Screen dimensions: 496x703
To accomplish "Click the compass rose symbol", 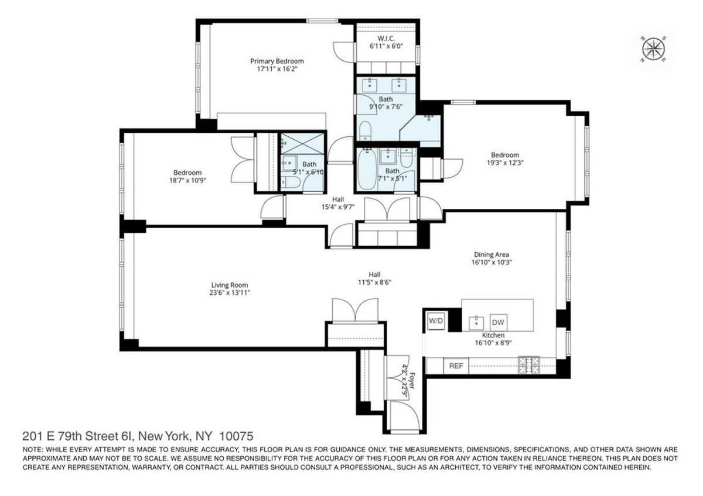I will tap(654, 49).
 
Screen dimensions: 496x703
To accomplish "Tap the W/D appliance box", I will tap(435, 321).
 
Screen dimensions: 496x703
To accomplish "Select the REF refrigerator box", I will tap(456, 366).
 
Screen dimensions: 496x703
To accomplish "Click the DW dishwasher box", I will tap(498, 322).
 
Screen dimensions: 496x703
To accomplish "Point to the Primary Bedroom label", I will tap(277, 61).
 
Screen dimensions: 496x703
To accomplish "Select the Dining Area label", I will tap(496, 254).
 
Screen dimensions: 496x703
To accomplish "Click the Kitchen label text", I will tap(493, 335).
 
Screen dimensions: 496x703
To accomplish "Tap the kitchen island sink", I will tap(476, 322).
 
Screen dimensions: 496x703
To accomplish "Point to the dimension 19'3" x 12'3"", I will tap(504, 164).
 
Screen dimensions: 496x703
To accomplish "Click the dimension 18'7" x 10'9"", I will tap(187, 181).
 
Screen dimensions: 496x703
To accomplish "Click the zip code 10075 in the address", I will tap(237, 436).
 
